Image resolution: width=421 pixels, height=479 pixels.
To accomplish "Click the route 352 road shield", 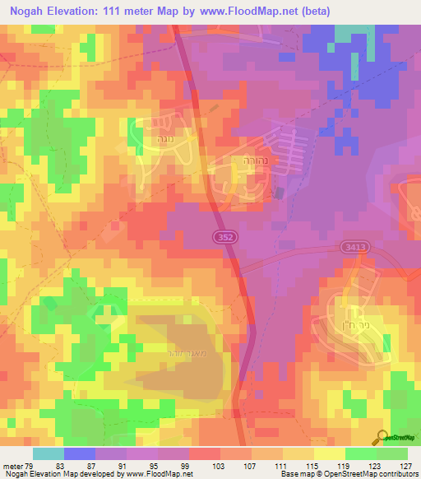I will pos(223,235).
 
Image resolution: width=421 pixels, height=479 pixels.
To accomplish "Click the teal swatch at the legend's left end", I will pos(48,453).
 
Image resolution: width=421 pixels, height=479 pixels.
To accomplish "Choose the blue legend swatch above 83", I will pos(80,453).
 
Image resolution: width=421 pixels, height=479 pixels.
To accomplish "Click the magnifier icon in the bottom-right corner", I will pos(381,436).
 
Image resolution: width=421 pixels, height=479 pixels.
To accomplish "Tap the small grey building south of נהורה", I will pos(279,193).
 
